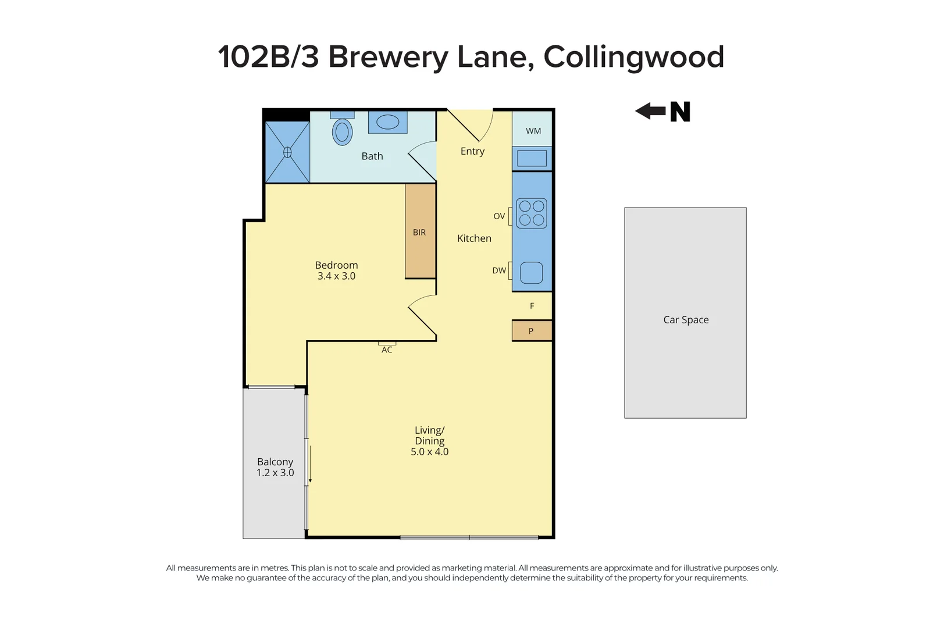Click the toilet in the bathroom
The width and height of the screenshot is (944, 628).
342,131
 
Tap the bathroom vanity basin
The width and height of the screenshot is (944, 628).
387,122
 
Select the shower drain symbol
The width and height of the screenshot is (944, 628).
287,152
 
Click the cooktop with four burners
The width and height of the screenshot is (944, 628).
532,213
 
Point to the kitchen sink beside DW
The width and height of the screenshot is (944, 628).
531,273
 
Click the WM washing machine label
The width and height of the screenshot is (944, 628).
533,131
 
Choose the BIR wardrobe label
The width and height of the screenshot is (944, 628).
419,233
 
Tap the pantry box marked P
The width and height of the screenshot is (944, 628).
531,331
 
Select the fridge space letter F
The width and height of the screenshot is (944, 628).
532,306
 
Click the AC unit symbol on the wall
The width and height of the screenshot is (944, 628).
387,344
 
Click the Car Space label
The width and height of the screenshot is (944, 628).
686,320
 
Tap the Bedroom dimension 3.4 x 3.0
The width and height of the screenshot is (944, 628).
336,276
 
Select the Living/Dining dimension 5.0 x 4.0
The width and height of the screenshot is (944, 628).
429,452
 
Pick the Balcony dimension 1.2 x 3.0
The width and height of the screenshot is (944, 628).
275,473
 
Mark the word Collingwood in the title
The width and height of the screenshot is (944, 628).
633,57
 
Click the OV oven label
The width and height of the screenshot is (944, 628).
499,216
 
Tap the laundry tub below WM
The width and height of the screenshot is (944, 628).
532,158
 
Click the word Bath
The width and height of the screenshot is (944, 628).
372,156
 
